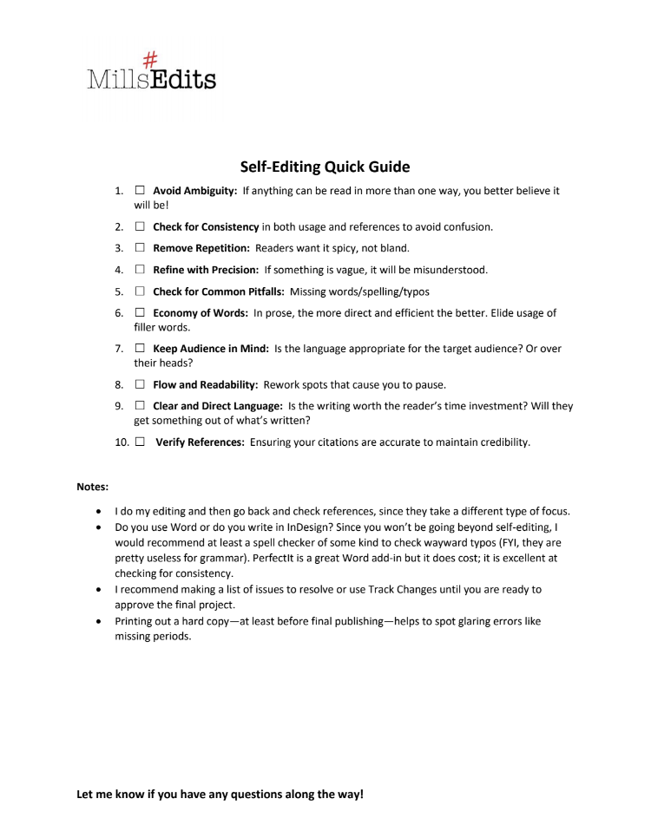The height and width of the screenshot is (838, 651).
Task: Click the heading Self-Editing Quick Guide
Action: (x=325, y=166)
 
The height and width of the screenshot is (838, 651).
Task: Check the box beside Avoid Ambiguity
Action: (x=140, y=190)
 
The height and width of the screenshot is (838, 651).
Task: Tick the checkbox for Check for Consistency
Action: (x=140, y=227)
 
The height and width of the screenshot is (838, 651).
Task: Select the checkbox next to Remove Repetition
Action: (x=140, y=249)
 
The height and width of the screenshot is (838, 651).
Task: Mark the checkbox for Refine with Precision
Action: (x=140, y=270)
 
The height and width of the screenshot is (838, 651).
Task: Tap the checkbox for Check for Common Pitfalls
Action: (x=140, y=291)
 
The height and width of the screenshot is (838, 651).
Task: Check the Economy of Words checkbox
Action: (x=140, y=313)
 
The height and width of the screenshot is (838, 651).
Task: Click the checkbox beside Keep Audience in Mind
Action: (x=140, y=349)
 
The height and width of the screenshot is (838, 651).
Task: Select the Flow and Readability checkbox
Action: (x=140, y=384)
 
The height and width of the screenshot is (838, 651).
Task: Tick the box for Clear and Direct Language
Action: (x=140, y=406)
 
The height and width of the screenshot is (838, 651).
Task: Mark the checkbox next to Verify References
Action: (x=140, y=442)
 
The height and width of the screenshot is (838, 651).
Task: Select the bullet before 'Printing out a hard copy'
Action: (x=103, y=620)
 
